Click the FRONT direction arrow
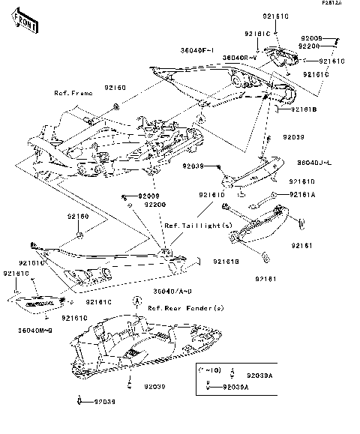coord(25,25)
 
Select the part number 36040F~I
coord(198,50)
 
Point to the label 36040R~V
coord(241,58)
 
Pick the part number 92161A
coord(303,194)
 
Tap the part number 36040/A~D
coord(173,291)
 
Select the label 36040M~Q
coord(34,331)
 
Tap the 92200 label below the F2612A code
coord(310,46)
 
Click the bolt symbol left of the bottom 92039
coord(79,402)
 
